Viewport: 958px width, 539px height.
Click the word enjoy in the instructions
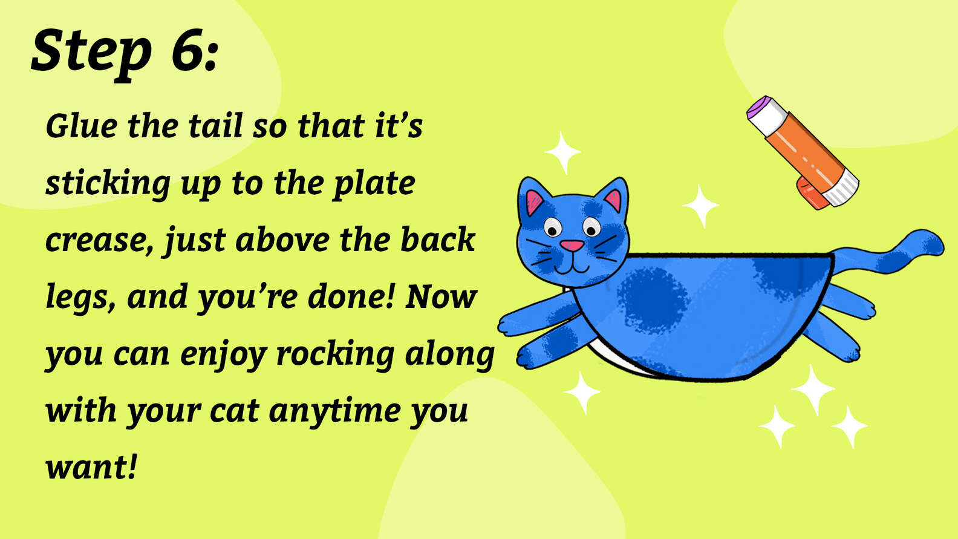(x=223, y=354)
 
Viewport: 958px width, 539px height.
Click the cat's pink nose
(x=572, y=246)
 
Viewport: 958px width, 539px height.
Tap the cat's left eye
(x=552, y=227)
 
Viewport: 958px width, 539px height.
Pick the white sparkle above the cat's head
(x=562, y=151)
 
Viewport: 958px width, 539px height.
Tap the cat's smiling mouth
(x=571, y=266)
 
